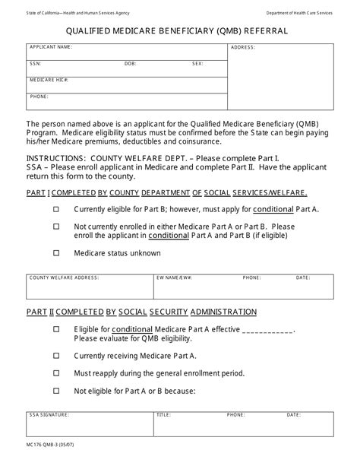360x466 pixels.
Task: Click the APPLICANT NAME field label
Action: click(50, 47)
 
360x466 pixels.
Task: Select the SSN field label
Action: click(35, 64)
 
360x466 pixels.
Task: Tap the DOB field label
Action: click(131, 64)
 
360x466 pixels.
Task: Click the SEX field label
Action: click(197, 64)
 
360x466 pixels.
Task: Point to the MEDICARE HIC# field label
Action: click(49, 80)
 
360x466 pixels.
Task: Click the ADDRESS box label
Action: click(243, 47)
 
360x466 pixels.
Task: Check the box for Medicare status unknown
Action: click(57, 253)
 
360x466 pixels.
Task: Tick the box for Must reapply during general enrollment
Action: click(57, 373)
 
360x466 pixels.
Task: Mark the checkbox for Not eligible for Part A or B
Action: click(57, 392)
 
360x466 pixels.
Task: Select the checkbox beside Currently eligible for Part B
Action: click(57, 208)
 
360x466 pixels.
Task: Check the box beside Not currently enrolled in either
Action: click(57, 227)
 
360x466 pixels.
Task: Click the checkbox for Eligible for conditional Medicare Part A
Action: click(57, 329)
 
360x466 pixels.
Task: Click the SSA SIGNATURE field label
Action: click(49, 416)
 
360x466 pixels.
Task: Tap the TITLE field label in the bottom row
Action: click(163, 416)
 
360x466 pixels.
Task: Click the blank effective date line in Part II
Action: click(267, 331)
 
